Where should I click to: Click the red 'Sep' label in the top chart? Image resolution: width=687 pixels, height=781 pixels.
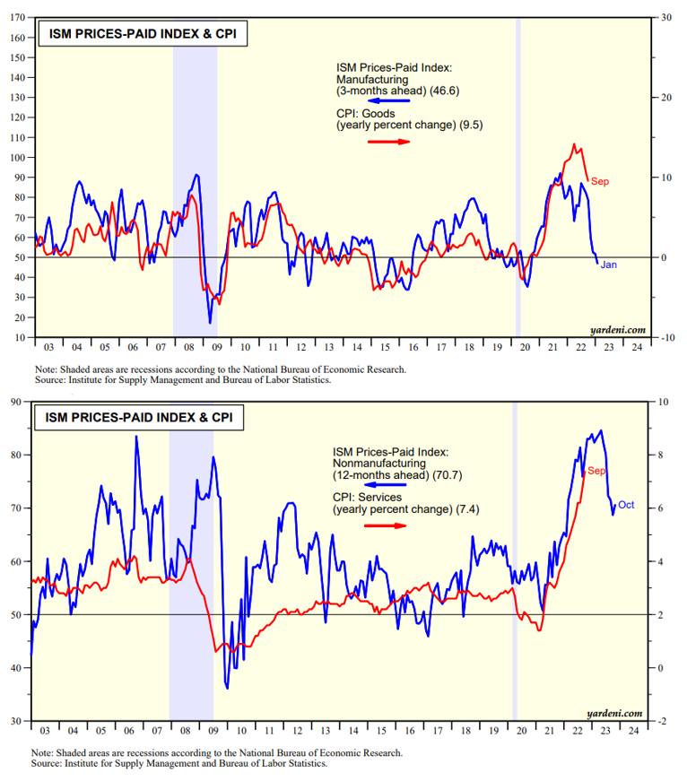(601, 182)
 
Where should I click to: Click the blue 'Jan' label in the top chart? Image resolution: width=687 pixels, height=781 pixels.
(608, 265)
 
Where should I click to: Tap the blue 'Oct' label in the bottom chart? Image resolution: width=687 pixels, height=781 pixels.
(626, 505)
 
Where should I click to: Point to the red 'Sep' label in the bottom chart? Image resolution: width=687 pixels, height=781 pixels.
(597, 471)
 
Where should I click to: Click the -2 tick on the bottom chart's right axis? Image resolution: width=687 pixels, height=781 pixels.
(663, 721)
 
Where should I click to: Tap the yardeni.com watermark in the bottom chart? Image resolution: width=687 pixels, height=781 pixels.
(617, 713)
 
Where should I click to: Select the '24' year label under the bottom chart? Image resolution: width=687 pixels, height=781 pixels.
(635, 731)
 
